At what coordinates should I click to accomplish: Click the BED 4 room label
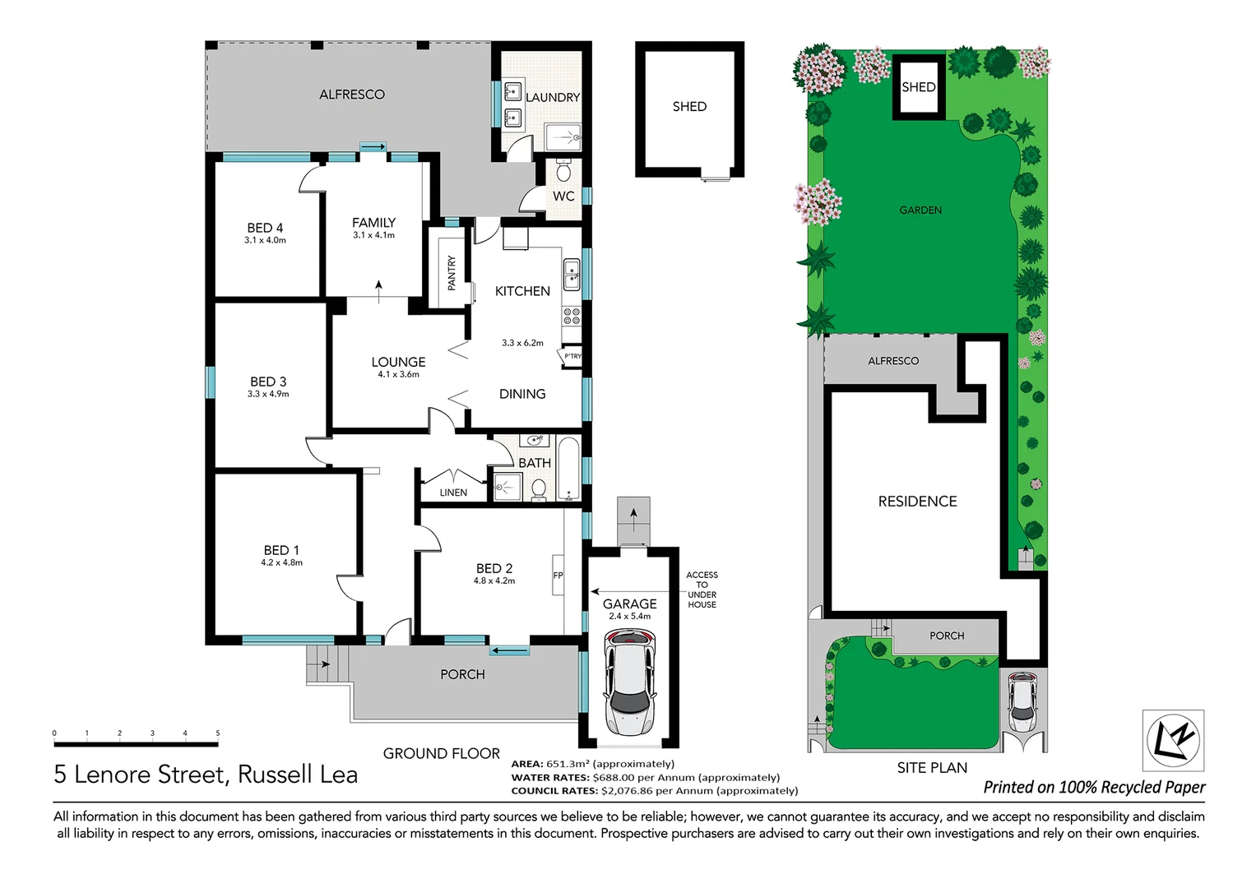coord(265,228)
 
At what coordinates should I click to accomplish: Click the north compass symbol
coord(1173,740)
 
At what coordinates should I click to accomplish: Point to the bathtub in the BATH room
coord(568,469)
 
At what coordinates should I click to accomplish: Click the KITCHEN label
coord(522,291)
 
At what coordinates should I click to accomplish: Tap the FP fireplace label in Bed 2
coord(558,576)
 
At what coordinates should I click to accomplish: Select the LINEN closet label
coord(453,493)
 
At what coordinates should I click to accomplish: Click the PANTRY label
coord(452,273)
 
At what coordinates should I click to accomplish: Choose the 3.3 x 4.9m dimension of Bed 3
coord(268,395)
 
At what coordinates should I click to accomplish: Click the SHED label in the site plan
coord(918,87)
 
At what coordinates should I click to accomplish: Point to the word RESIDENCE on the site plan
coord(917,502)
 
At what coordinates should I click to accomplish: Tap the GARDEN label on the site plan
coord(920,210)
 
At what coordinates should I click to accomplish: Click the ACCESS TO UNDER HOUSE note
coord(702,590)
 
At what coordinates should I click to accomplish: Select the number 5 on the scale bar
coord(218,733)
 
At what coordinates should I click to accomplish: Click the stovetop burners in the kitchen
coord(571,317)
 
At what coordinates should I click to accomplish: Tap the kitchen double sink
coord(571,275)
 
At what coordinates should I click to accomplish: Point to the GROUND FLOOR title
coord(441,753)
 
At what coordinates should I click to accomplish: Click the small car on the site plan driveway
coord(1022,701)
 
